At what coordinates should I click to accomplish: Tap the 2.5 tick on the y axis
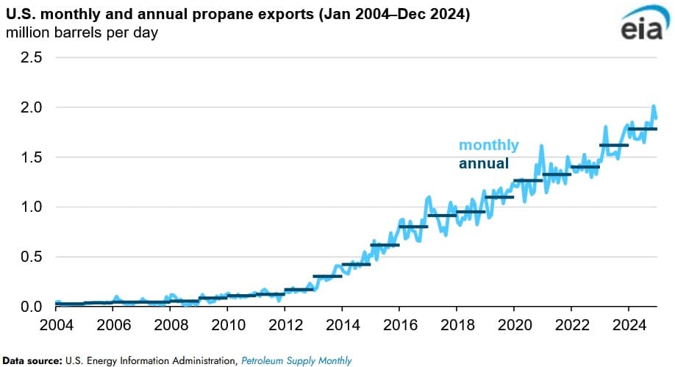coord(31,57)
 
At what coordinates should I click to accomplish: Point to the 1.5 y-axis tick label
coord(31,157)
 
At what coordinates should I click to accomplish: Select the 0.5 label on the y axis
coord(31,257)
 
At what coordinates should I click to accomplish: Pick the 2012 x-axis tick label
coord(285,324)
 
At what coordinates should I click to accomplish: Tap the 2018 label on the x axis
coord(456,324)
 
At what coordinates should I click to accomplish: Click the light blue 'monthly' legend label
coord(488,145)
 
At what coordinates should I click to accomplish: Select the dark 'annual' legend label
coord(483,163)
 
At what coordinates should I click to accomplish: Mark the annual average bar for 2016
coord(413,227)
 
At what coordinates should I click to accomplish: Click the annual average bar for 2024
coord(642,129)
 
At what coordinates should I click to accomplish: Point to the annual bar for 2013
coord(327,277)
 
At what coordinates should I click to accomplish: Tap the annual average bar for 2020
coord(528,180)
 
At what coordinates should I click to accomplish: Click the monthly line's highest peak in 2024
coord(653,107)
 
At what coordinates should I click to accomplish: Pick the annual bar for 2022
coord(585,167)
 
